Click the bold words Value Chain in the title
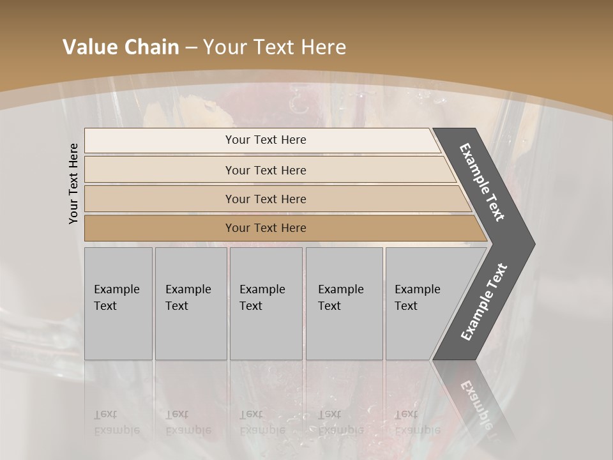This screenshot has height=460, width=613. (121, 47)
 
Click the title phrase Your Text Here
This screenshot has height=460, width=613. (275, 47)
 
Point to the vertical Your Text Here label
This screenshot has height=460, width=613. (73, 183)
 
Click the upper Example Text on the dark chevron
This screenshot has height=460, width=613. (482, 182)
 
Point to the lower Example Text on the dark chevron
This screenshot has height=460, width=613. (483, 302)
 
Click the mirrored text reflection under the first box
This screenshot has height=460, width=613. (116, 422)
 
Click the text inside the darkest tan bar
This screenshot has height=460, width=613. (266, 228)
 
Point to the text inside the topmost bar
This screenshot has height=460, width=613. (266, 140)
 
